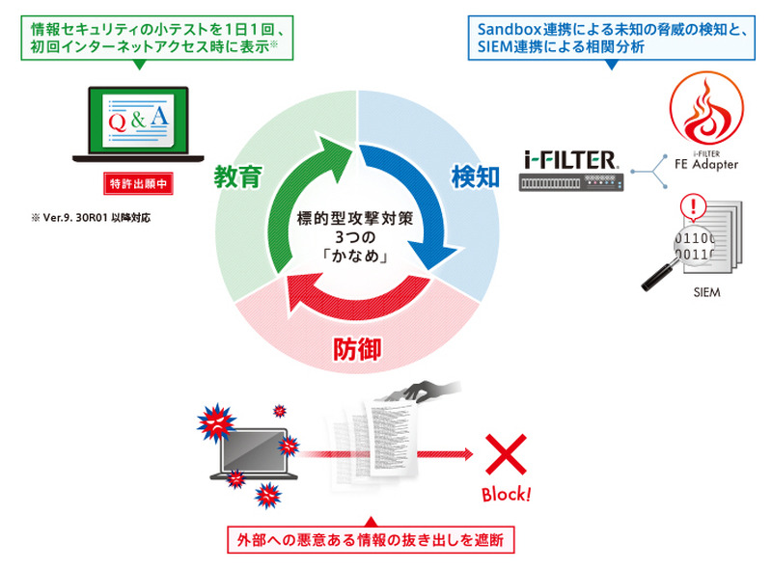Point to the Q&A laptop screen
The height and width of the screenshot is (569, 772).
[141, 122]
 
